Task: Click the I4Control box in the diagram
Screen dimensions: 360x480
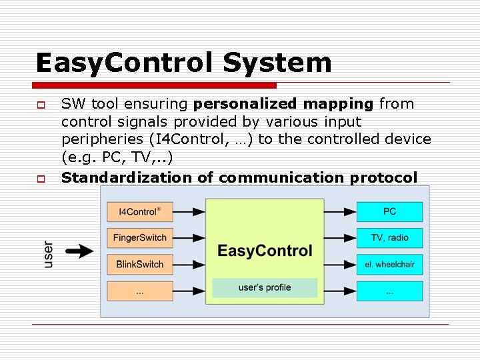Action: tap(139, 212)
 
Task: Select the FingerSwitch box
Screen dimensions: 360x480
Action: tap(139, 238)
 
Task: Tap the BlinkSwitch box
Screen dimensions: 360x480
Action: tap(139, 264)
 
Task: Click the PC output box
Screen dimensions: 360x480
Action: tap(389, 212)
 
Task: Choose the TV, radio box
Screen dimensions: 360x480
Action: tap(389, 238)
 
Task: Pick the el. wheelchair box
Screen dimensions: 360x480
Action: tap(389, 264)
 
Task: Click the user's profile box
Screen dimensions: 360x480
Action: tap(265, 287)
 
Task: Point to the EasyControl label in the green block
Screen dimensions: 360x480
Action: tap(265, 251)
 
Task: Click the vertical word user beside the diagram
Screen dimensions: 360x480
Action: tap(48, 254)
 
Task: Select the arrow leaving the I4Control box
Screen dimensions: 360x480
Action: tap(189, 212)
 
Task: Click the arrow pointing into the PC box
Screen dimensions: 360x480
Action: tap(340, 212)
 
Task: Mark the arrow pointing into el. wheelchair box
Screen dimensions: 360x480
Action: tap(340, 264)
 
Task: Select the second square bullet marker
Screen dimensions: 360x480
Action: tap(41, 179)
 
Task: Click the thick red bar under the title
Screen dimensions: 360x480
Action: tap(155, 85)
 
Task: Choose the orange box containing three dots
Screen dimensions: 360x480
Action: tap(139, 291)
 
